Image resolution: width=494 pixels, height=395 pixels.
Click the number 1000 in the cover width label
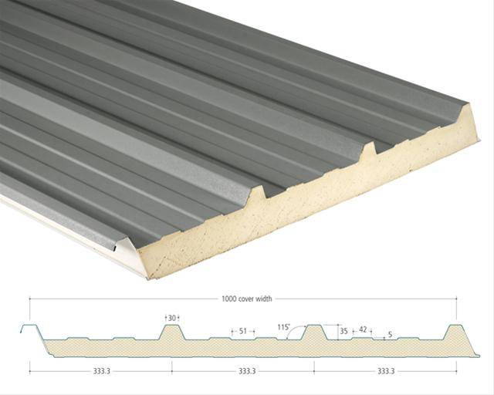228,299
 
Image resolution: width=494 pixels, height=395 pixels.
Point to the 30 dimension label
171,317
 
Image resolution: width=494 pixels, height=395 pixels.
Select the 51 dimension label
242,331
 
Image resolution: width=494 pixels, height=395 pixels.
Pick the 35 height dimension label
344,331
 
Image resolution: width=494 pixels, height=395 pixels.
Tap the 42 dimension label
363,329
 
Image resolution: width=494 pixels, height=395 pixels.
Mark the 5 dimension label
390,335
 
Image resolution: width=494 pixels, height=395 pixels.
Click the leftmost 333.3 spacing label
100,371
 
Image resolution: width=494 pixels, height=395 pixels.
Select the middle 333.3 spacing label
247,371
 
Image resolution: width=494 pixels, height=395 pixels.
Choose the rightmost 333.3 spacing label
387,371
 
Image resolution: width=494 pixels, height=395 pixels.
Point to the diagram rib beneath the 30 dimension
171,333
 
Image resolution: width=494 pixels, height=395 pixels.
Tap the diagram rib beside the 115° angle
314,333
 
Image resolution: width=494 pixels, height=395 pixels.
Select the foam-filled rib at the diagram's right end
456,333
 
